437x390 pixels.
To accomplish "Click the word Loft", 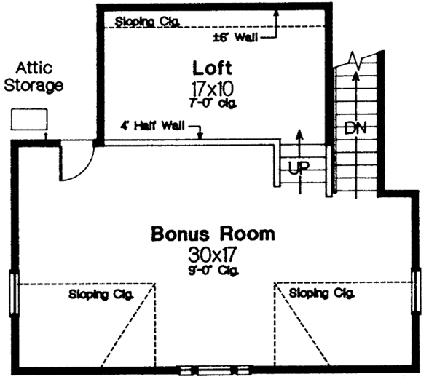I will click(213, 69).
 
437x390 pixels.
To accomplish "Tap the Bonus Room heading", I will click(213, 234).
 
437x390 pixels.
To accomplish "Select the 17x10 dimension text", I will click(213, 89).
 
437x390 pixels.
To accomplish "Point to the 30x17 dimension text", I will click(213, 255).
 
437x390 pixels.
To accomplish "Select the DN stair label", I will click(356, 129).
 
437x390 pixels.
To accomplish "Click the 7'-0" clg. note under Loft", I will click(213, 103).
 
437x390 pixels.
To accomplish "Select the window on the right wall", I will click(417, 291).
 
